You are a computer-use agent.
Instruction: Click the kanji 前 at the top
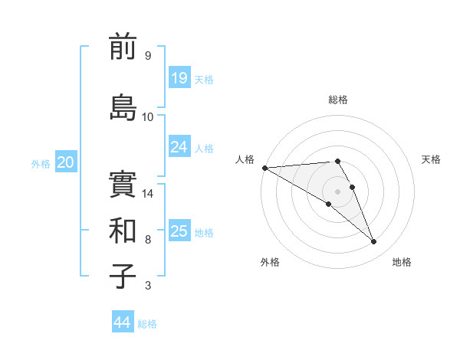[x=123, y=47]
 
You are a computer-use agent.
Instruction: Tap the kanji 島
[x=123, y=106]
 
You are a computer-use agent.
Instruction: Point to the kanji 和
[x=123, y=230]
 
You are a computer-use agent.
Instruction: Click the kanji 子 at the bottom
[x=123, y=276]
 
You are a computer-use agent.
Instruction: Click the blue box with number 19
[x=179, y=78]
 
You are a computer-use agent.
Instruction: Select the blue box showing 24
[x=179, y=147]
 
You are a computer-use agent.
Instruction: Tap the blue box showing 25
[x=179, y=231]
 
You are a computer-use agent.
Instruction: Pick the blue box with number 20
[x=66, y=162]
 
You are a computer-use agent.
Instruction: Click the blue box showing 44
[x=123, y=322]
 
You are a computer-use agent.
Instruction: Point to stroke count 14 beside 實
[x=149, y=194]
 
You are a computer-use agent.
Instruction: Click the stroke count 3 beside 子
[x=148, y=286]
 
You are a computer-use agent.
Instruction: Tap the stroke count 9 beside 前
[x=148, y=56]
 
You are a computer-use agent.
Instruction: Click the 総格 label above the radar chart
[x=337, y=100]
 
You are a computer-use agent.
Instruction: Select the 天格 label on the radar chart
[x=432, y=159]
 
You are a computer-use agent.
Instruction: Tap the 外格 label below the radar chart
[x=270, y=262]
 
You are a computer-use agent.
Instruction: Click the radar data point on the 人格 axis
[x=264, y=167]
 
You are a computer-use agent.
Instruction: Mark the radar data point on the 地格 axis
[x=374, y=242]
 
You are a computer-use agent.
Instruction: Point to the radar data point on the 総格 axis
[x=337, y=161]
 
